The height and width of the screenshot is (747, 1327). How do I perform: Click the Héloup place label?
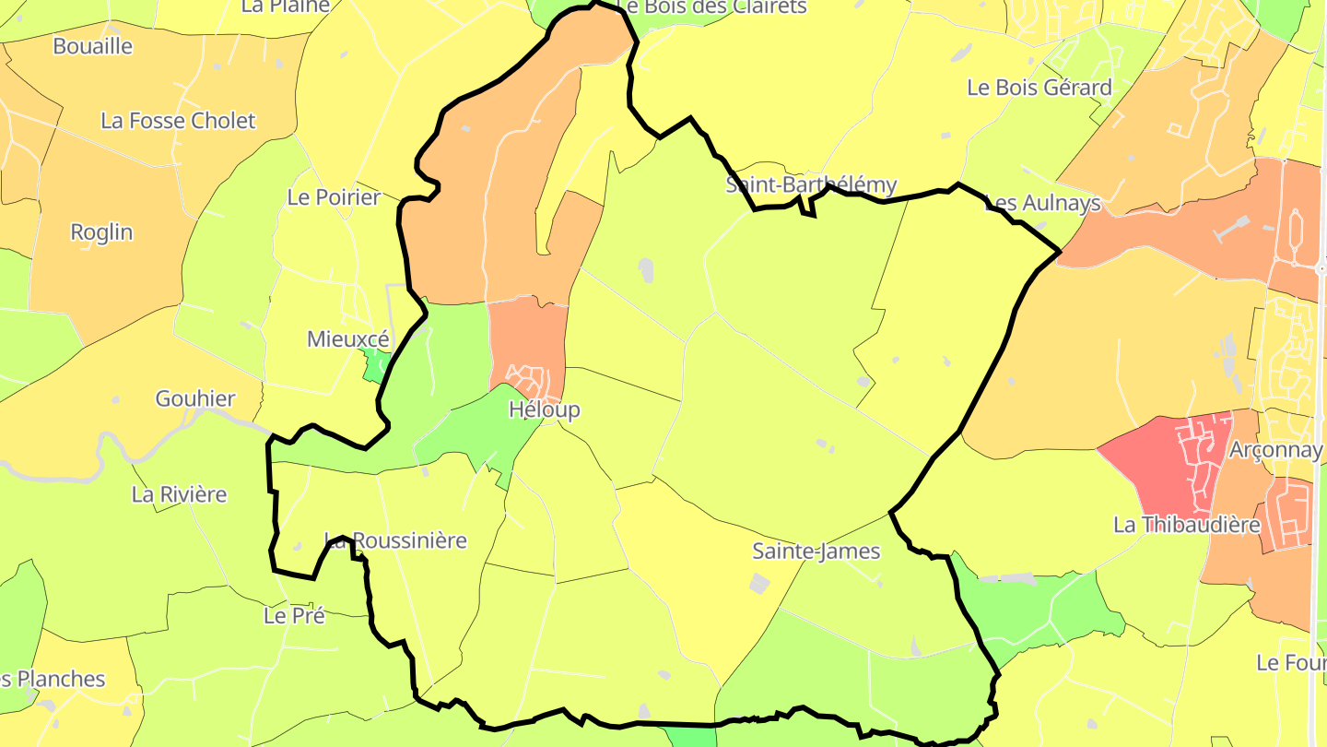click(545, 409)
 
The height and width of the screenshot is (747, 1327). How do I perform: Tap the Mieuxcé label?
click(347, 339)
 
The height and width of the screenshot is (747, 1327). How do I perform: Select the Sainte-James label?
click(816, 551)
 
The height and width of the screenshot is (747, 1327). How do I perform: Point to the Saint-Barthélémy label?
click(811, 184)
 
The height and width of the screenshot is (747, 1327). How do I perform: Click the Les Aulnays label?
click(1042, 203)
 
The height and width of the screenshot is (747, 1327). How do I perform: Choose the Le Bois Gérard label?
click(1039, 88)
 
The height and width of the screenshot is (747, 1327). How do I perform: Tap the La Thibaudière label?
click(1186, 525)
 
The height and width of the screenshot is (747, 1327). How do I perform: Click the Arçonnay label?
click(1275, 450)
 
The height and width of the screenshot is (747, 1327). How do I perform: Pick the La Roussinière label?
click(396, 540)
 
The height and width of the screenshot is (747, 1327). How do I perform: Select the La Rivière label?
click(179, 494)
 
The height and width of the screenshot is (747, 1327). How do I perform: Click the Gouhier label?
click(195, 399)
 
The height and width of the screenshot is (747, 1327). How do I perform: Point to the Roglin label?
click(101, 232)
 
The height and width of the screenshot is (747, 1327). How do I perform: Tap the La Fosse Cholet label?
click(178, 121)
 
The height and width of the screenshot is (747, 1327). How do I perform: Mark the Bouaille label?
click(92, 46)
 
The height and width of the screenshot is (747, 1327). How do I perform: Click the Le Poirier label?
click(334, 197)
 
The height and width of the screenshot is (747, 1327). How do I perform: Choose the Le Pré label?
click(294, 615)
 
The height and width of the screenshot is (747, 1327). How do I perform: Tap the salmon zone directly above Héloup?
click(527, 332)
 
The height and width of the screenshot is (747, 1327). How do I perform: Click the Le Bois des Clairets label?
click(711, 7)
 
